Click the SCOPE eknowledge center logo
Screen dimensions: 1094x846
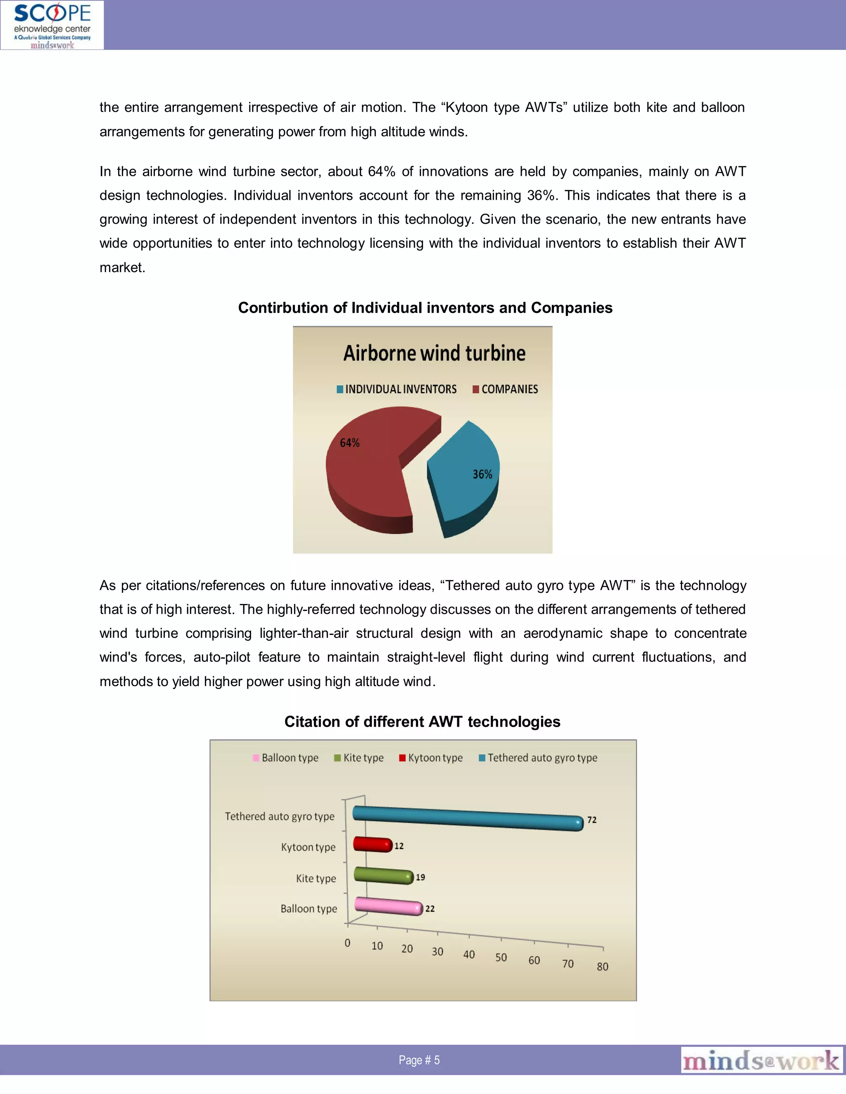[x=52, y=25]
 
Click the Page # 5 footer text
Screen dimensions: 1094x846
[x=419, y=1060]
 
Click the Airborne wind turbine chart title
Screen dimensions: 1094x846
[x=434, y=353]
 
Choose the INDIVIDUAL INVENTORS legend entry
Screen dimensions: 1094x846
[x=397, y=389]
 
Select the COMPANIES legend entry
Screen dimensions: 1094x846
[x=505, y=389]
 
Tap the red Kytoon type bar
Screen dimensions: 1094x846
[x=372, y=844]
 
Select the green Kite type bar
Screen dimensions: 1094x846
[x=383, y=875]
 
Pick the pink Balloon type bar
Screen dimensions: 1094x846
[x=388, y=906]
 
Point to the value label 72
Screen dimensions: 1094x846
[x=592, y=820]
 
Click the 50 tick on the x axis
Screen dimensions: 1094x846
[x=501, y=957]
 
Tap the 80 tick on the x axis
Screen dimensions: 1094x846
[x=602, y=966]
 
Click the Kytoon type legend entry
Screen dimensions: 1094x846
[x=431, y=758]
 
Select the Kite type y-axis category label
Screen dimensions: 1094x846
[x=316, y=878]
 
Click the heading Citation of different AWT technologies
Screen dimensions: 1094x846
[x=422, y=721]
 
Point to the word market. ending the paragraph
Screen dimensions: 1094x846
[x=122, y=268]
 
